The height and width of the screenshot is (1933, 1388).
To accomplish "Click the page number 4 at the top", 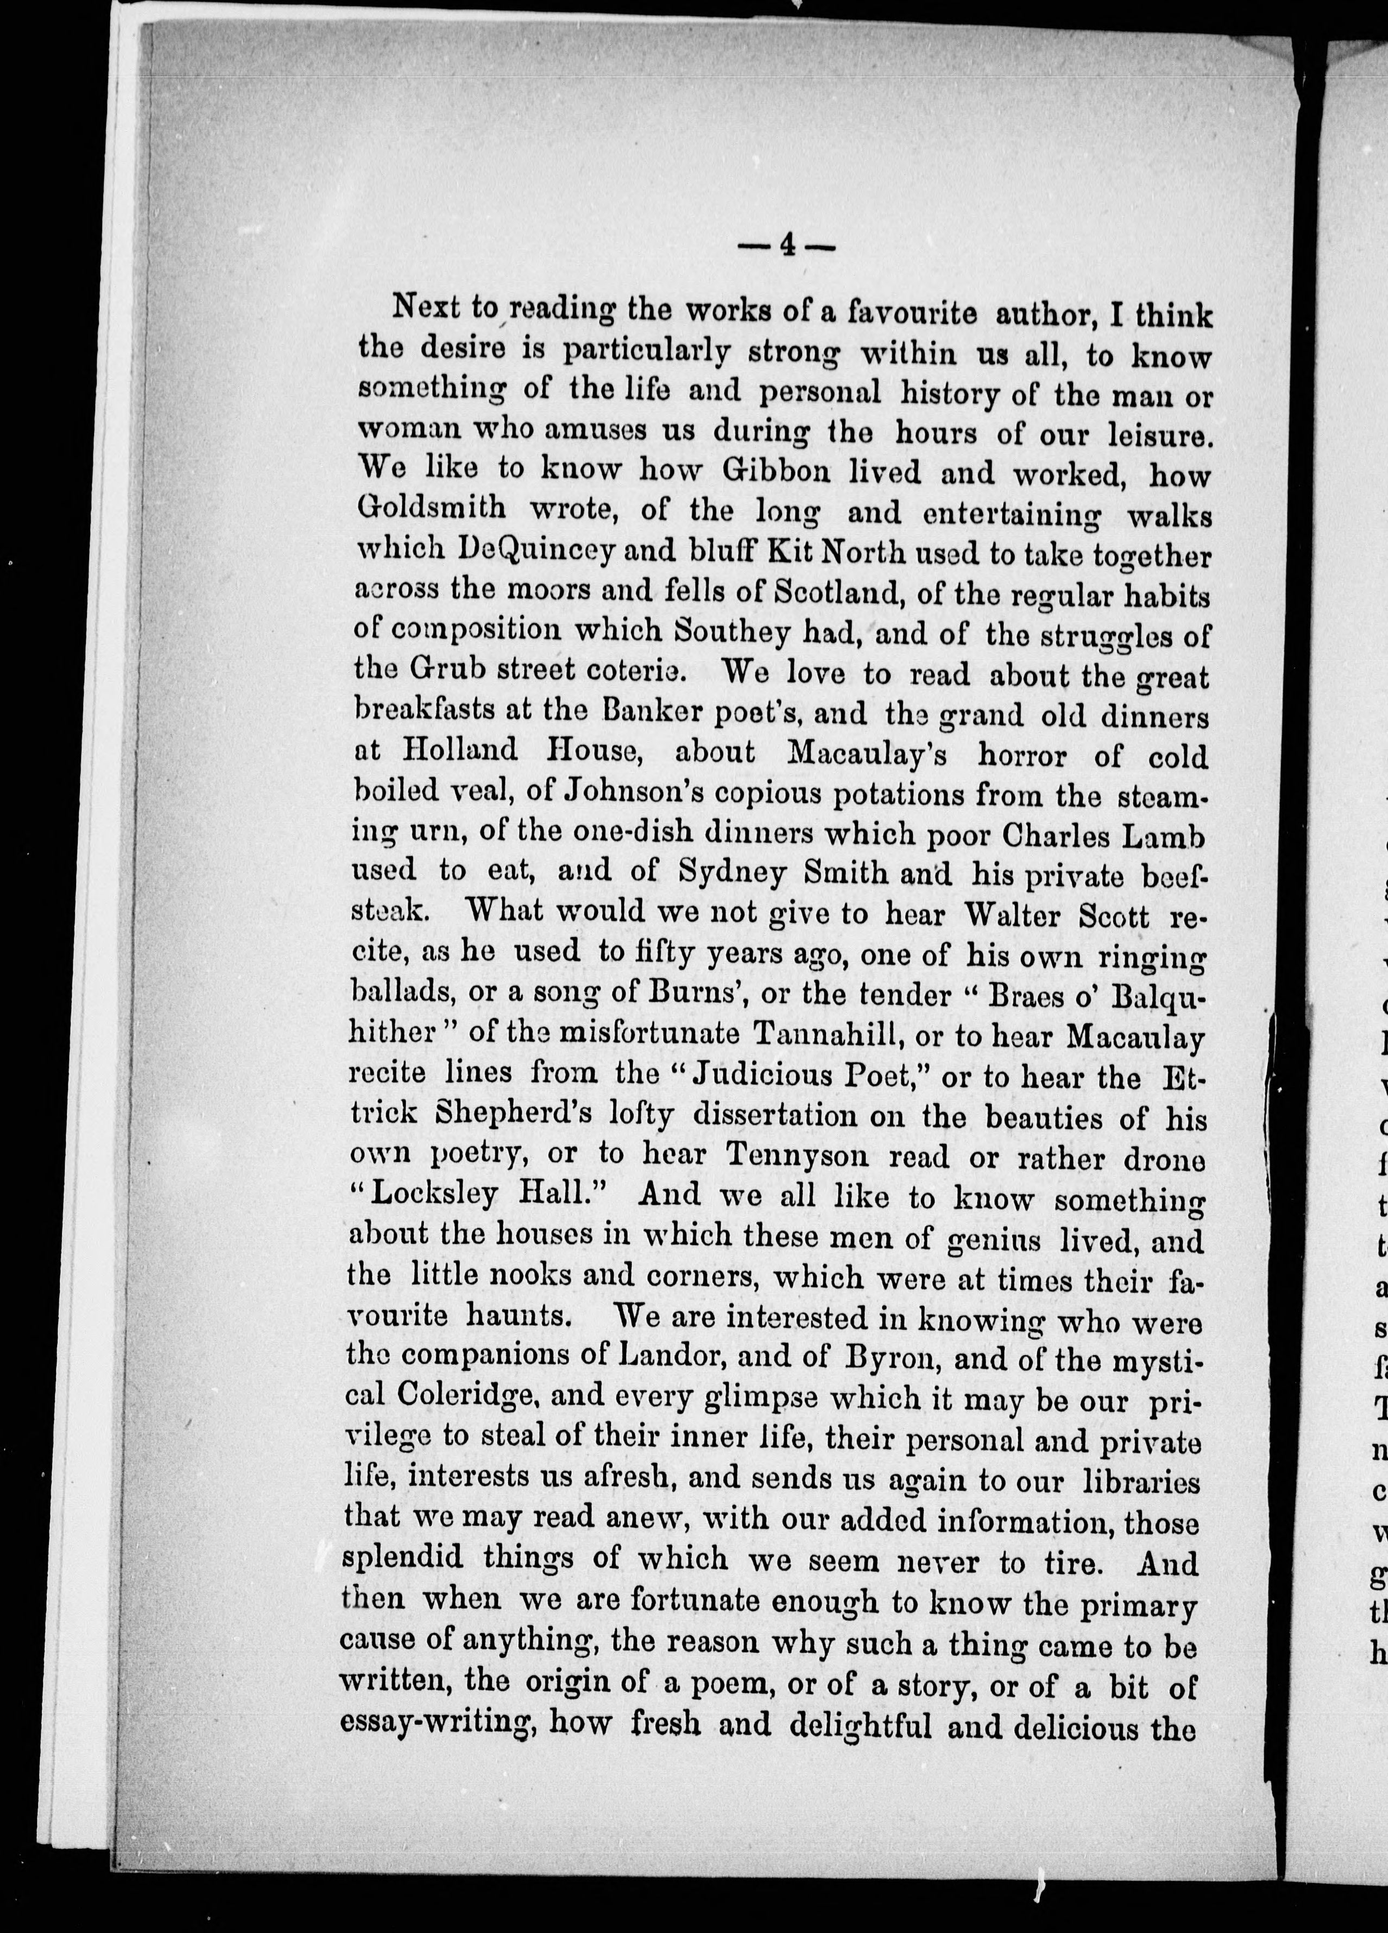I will point(786,247).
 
